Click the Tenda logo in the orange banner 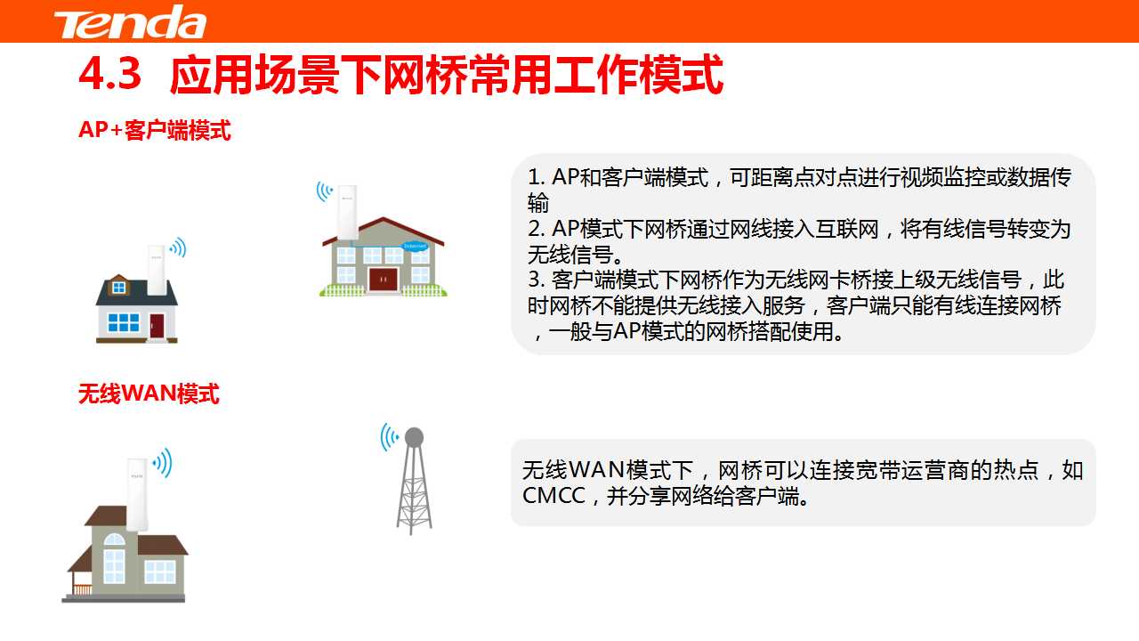pos(130,22)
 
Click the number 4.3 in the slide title pos(109,74)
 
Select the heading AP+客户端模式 pos(155,130)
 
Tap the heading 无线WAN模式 pos(149,394)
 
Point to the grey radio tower pos(414,481)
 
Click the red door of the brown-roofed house pos(383,280)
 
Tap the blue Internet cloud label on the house pos(415,247)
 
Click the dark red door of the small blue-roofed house pos(157,326)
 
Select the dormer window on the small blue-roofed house pos(119,288)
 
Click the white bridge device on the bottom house pos(137,494)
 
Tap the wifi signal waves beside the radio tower pos(390,437)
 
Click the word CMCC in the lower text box pos(553,496)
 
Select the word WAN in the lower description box pos(596,469)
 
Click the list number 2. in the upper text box pos(537,229)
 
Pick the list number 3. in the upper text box pos(537,280)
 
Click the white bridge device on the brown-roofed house pos(347,212)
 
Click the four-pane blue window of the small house pos(124,322)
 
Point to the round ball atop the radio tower pos(414,436)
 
